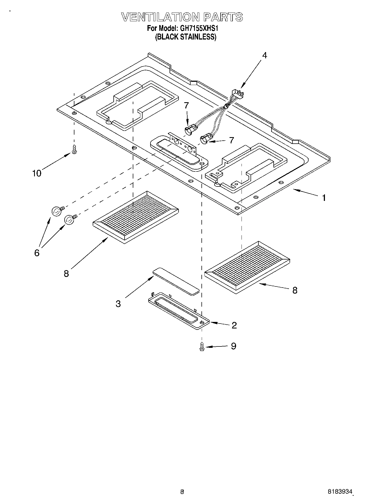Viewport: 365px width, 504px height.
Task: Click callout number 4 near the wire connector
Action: (x=264, y=55)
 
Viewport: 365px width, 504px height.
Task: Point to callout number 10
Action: (x=37, y=173)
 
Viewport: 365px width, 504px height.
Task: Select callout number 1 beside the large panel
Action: (x=324, y=198)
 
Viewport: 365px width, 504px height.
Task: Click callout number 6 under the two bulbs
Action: (x=37, y=253)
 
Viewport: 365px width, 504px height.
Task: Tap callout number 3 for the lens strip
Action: (x=118, y=303)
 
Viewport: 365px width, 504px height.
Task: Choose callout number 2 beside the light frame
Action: (x=234, y=325)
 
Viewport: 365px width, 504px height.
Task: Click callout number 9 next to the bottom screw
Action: (x=233, y=346)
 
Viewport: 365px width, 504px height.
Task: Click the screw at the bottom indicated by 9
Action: (x=202, y=346)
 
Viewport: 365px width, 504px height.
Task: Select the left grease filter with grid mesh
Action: (x=135, y=217)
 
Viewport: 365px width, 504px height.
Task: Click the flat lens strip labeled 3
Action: (x=176, y=281)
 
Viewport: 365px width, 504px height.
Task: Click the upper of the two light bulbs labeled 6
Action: (x=56, y=211)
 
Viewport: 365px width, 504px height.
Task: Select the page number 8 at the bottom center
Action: (x=182, y=492)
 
